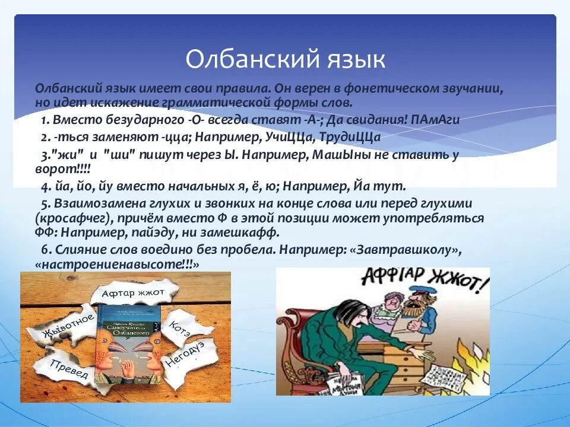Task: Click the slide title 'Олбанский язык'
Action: click(x=285, y=59)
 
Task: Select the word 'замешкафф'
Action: click(x=243, y=232)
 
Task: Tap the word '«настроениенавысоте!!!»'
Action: click(x=117, y=265)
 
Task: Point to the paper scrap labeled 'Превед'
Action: click(x=70, y=369)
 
